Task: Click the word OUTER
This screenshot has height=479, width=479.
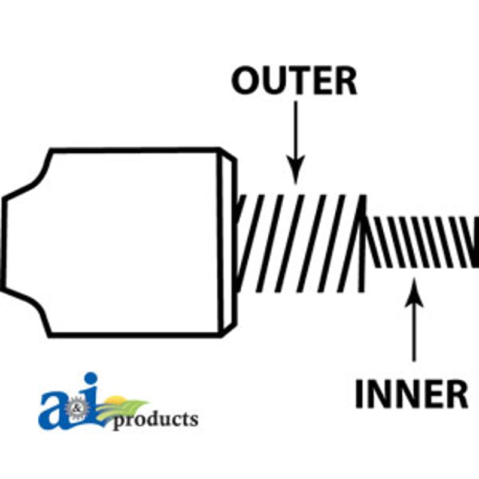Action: [294, 81]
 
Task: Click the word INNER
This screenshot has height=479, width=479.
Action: [411, 394]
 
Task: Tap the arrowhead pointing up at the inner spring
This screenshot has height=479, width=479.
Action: [414, 292]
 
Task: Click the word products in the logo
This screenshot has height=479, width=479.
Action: [156, 420]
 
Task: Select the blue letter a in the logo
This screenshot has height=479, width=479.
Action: [53, 410]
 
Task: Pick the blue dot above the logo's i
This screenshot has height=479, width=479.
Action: [91, 380]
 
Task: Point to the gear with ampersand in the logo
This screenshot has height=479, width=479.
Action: [77, 408]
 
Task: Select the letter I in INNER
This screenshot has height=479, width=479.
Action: [358, 394]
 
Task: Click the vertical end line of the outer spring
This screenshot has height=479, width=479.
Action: [362, 244]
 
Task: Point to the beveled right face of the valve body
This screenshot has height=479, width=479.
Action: [227, 242]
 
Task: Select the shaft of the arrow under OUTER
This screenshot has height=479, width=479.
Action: [295, 131]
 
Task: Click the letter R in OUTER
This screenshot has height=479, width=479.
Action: [346, 81]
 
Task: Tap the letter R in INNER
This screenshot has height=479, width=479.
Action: [457, 394]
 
